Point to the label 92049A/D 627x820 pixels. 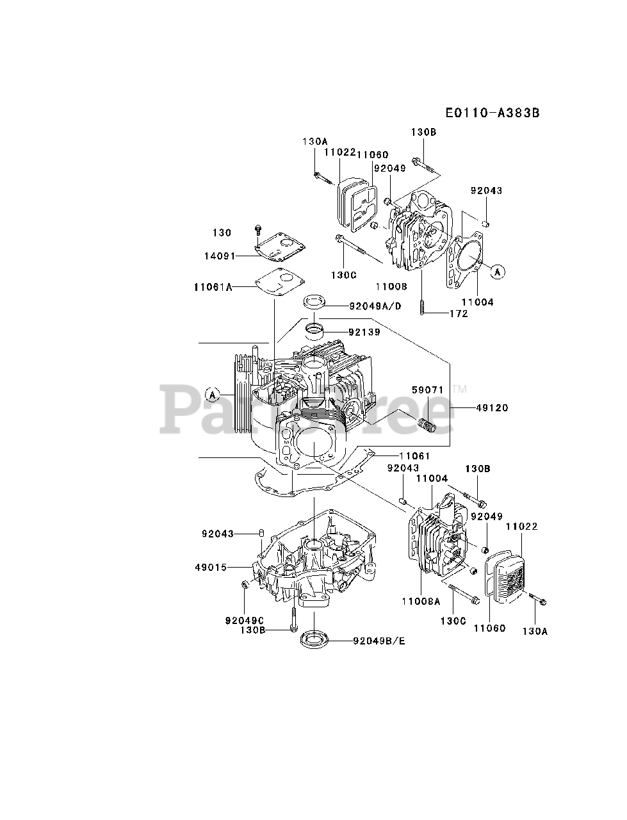pyautogui.click(x=375, y=306)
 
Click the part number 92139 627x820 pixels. pyautogui.click(x=364, y=332)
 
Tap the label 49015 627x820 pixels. pyautogui.click(x=211, y=566)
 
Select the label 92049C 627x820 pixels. pyautogui.click(x=245, y=619)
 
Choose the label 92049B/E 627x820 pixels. pyautogui.click(x=379, y=640)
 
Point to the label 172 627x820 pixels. pyautogui.click(x=459, y=313)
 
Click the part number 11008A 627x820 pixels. pyautogui.click(x=421, y=602)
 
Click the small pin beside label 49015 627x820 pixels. pyautogui.click(x=262, y=533)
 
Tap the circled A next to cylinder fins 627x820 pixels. pyautogui.click(x=213, y=393)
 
